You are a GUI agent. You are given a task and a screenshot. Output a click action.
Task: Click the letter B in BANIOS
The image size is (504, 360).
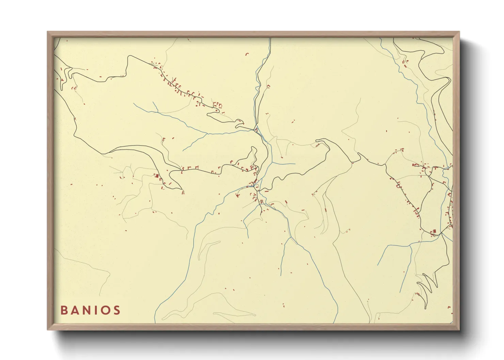64,310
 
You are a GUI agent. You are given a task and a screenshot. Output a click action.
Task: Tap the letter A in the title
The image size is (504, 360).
76,310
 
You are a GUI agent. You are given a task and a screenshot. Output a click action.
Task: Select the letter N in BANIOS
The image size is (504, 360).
88,310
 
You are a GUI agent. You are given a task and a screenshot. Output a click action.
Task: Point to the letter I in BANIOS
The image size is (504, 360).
97,310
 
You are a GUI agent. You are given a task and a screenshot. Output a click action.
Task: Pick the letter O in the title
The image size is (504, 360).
106,310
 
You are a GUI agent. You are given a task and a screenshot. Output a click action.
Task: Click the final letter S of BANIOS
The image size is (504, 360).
117,310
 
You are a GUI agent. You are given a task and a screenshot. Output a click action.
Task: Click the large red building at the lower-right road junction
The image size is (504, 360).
434,232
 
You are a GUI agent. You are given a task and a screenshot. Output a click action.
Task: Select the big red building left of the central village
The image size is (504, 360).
157,176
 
